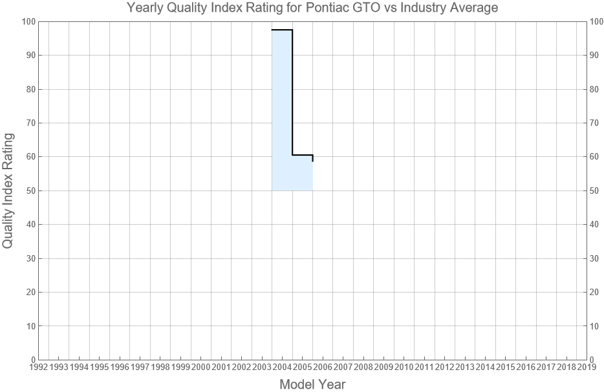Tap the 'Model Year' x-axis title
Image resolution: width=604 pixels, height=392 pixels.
[312, 385]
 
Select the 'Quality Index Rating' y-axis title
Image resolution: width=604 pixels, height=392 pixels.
[8, 191]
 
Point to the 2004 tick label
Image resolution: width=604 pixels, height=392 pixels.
[282, 367]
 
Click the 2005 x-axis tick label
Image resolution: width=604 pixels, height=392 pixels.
[303, 367]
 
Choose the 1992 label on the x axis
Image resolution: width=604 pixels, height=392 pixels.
[38, 367]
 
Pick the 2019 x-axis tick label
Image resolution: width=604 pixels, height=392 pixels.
[587, 367]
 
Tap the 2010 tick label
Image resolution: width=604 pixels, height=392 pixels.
[404, 367]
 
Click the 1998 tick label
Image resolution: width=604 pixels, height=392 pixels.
[160, 367]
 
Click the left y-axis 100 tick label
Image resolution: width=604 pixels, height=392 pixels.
[27, 22]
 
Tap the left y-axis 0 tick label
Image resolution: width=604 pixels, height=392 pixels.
[32, 360]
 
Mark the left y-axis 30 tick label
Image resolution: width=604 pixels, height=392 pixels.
[29, 258]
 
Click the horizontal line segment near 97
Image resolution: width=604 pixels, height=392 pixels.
[282, 30]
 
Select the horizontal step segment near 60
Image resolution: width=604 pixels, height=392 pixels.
[303, 155]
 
